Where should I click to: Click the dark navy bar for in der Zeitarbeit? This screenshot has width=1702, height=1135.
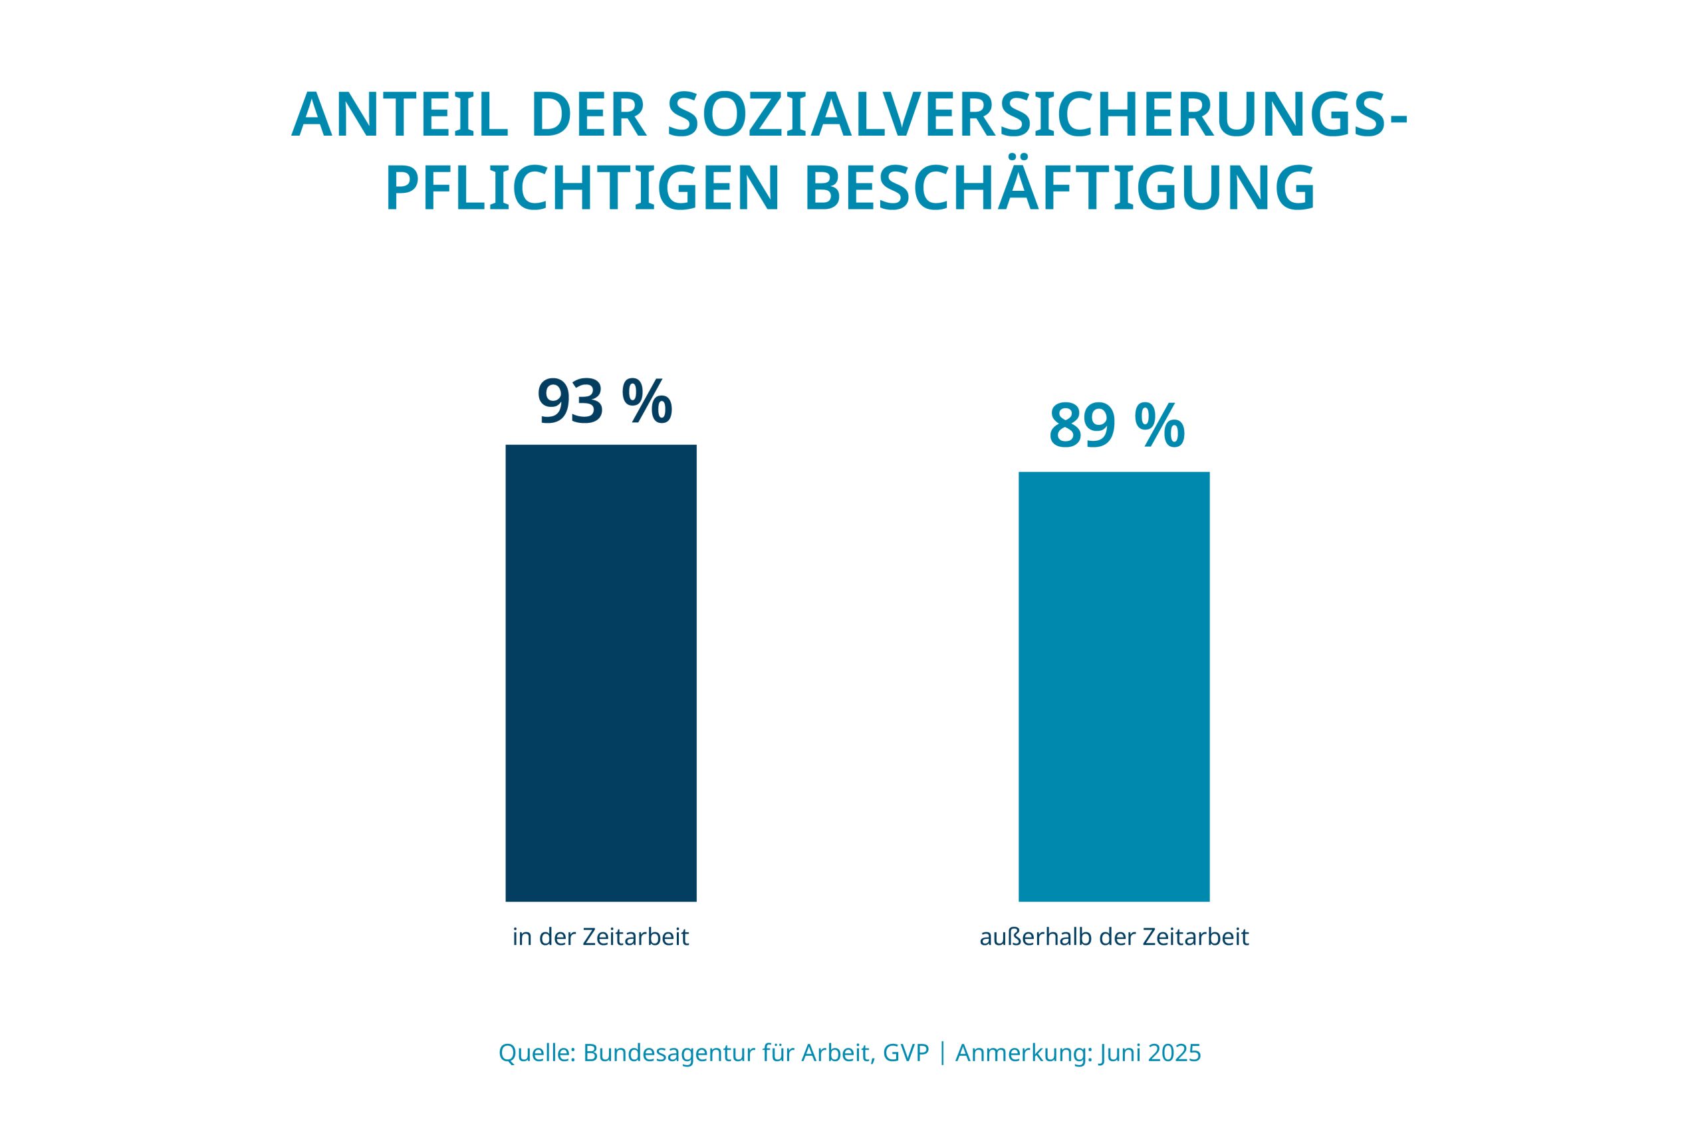click(x=600, y=672)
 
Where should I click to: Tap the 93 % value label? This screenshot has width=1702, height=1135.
click(x=604, y=402)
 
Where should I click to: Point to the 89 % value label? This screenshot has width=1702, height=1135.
click(x=1116, y=427)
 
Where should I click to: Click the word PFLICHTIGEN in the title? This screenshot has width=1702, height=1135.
click(x=582, y=189)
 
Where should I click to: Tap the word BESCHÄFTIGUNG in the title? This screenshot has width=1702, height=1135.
click(x=1059, y=189)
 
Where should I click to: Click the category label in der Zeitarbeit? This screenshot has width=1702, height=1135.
click(x=600, y=938)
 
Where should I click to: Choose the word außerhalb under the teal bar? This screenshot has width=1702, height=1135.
click(x=1036, y=938)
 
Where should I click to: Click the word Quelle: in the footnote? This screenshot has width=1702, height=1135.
click(x=537, y=1053)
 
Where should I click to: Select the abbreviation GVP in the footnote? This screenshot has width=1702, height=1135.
click(x=906, y=1053)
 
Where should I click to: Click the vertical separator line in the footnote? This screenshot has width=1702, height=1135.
click(x=942, y=1053)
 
